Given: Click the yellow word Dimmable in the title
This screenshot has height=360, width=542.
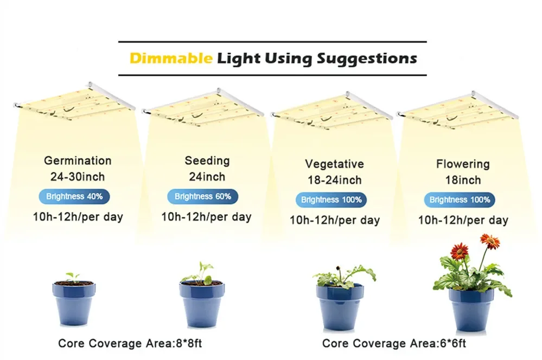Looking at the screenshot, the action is [171, 58].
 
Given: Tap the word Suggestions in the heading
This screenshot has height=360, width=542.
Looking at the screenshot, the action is [367, 59].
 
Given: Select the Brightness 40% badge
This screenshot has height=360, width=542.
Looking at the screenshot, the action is [74, 197].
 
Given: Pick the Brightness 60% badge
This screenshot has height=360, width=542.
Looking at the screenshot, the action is [202, 197].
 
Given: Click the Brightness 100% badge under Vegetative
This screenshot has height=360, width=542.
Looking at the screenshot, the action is [331, 200].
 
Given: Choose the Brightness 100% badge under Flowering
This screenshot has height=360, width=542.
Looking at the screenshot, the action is [460, 200].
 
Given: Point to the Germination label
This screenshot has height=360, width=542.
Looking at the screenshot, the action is [78, 160].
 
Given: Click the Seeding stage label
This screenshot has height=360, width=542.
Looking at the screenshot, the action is [207, 160].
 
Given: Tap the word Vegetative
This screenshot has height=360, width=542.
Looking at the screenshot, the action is [335, 164].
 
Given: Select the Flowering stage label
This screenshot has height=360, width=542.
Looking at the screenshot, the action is [463, 164].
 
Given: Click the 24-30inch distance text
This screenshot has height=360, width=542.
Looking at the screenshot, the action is [78, 177].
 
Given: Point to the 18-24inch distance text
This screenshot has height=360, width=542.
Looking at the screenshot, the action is [335, 180].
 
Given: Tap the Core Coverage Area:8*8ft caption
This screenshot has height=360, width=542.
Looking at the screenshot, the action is [130, 343].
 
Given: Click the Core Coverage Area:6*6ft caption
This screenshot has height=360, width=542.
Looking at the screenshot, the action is [394, 343].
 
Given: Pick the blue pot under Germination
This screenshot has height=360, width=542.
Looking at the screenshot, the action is [74, 303].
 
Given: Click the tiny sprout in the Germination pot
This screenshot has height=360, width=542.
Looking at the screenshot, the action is [73, 277].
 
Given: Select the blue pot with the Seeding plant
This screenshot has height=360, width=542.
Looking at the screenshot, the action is [202, 304].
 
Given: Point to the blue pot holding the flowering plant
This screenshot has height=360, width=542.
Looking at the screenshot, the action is [471, 310].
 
